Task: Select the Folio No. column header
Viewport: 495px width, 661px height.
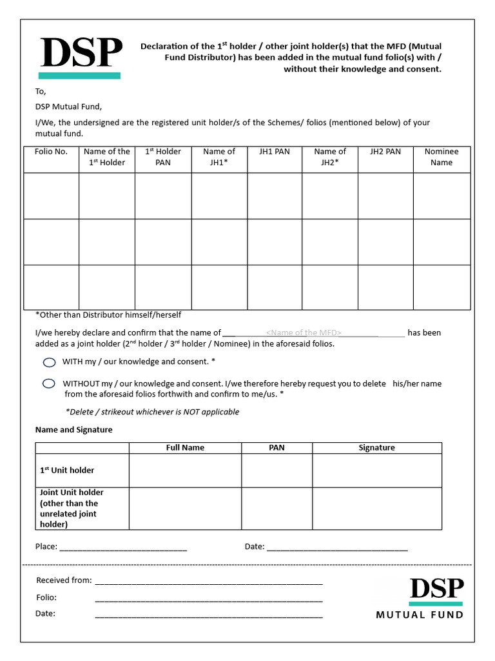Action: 51,152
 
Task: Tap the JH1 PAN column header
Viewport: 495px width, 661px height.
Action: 275,152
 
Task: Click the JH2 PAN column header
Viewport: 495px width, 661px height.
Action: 385,152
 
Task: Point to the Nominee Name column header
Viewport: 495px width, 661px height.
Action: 442,157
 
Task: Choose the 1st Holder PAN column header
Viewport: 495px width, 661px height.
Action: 163,157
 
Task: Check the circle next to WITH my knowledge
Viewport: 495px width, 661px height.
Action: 49,362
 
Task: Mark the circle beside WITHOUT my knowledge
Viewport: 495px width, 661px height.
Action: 49,383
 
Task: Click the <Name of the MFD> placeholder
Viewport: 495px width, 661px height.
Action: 304,333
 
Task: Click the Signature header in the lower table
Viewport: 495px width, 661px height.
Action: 376,447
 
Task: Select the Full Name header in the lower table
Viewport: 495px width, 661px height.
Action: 185,447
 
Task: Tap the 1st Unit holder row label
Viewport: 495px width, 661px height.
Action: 67,471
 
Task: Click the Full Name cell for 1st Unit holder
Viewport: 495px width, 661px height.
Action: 185,471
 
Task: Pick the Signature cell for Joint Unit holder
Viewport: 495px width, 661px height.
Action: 376,508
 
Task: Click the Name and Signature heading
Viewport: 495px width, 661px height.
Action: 73,430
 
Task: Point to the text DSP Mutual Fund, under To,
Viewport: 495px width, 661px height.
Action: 68,107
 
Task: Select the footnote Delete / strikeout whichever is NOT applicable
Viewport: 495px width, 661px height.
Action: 152,412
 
